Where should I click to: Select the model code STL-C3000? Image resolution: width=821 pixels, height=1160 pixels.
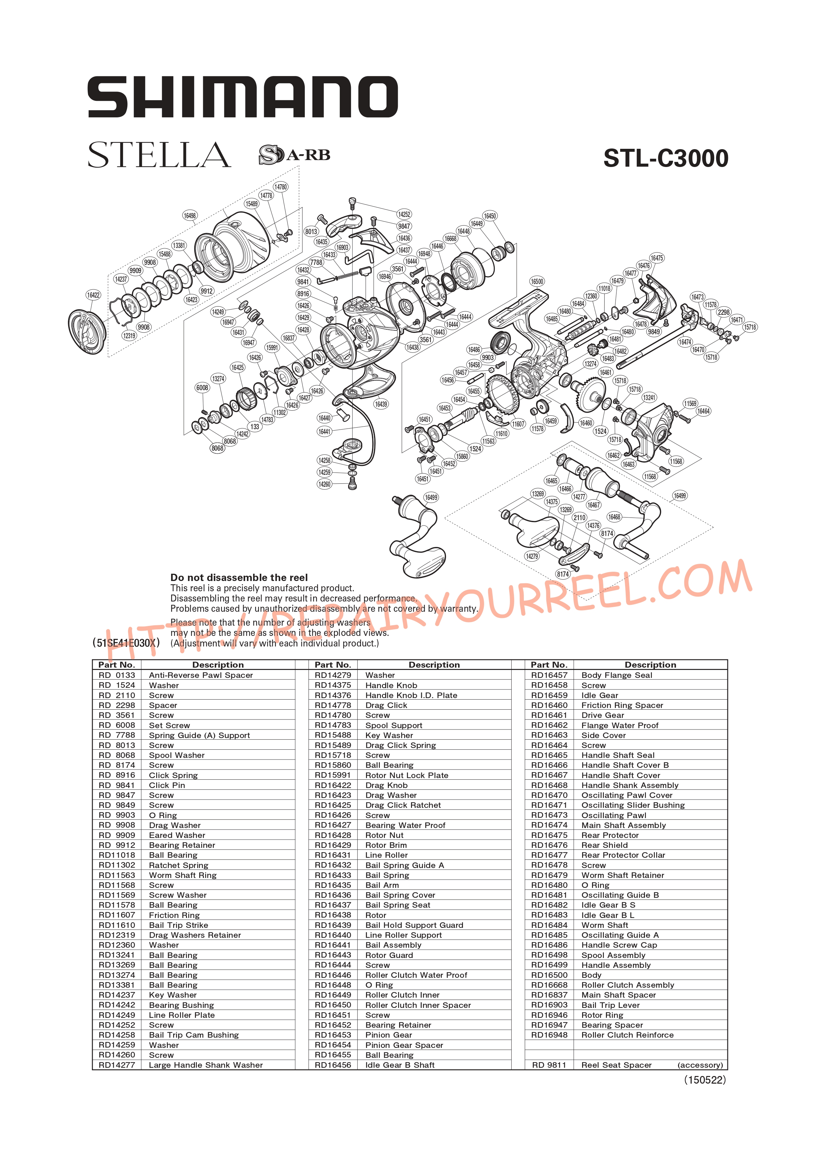point(666,158)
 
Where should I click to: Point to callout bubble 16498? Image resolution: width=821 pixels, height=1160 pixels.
point(190,216)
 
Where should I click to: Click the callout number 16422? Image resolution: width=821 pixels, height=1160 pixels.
point(93,295)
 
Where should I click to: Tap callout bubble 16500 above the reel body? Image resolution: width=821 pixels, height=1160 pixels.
point(537,281)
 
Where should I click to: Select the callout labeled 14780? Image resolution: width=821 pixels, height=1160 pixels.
point(281,187)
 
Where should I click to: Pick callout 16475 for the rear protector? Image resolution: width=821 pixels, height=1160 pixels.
point(657,258)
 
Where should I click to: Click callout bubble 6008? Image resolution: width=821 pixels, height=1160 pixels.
point(202,388)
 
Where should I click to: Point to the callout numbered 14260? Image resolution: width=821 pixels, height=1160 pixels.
point(324,484)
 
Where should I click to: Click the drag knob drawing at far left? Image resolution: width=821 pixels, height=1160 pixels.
point(87,332)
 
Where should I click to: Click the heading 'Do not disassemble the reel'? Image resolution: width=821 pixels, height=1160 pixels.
point(239,577)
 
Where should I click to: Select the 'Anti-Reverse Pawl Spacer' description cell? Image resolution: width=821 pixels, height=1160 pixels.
point(201,675)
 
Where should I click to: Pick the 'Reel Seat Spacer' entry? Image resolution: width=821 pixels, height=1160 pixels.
point(616,1065)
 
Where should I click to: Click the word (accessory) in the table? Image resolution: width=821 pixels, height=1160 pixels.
point(700,1065)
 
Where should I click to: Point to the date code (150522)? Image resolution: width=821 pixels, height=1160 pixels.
point(705,1080)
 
